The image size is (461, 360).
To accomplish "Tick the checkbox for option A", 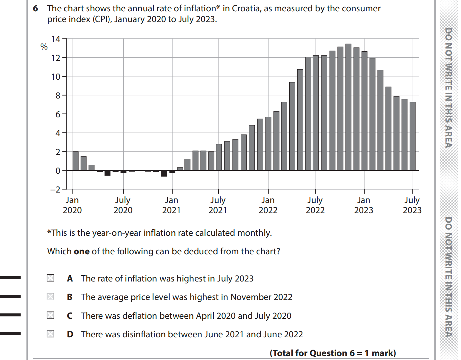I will point(50,278).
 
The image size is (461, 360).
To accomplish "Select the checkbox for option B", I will point(50,296).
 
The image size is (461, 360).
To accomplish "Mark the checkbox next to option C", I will point(50,315).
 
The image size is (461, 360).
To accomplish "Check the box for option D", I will point(50,334).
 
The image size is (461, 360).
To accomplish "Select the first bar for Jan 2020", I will point(76,161).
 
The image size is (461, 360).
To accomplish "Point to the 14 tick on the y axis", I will point(56,39).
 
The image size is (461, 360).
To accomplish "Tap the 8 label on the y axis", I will point(58,96).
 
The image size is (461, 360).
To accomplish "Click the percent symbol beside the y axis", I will point(44,47).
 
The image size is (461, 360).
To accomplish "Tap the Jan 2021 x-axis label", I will point(171,205).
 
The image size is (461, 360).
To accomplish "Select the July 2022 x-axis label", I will point(315,205).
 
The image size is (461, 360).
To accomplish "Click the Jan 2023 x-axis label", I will point(364,205).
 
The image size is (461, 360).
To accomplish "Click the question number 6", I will point(35,9).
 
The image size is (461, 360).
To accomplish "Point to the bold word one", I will point(82,251).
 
